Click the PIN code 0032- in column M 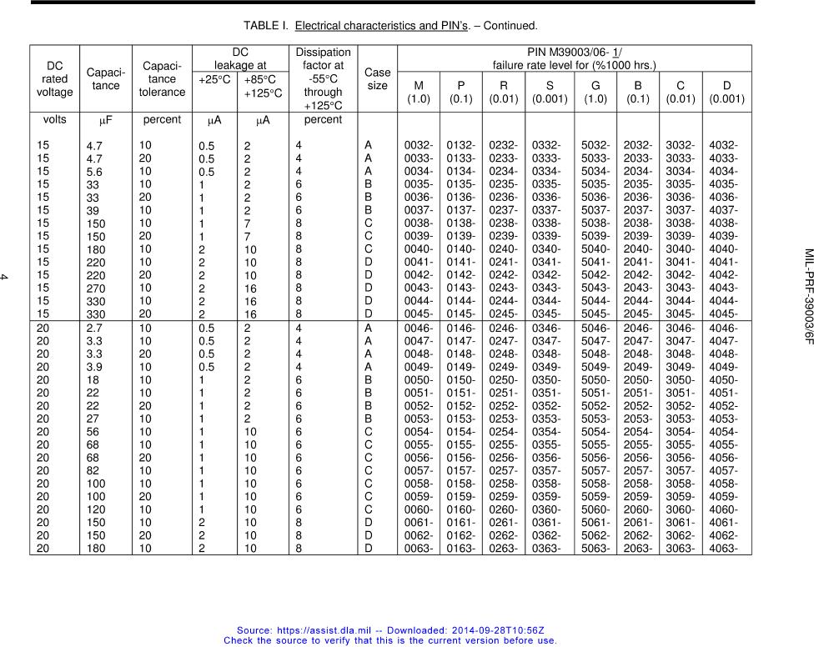[x=418, y=145]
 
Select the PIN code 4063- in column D [x=722, y=549]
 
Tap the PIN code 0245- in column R [x=504, y=314]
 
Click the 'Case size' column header [x=377, y=79]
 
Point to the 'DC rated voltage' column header [x=55, y=79]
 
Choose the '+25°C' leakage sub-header [x=216, y=80]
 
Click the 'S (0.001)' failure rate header [x=549, y=92]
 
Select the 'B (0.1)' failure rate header [x=637, y=92]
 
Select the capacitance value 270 [x=97, y=288]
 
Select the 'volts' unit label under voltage [x=55, y=120]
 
